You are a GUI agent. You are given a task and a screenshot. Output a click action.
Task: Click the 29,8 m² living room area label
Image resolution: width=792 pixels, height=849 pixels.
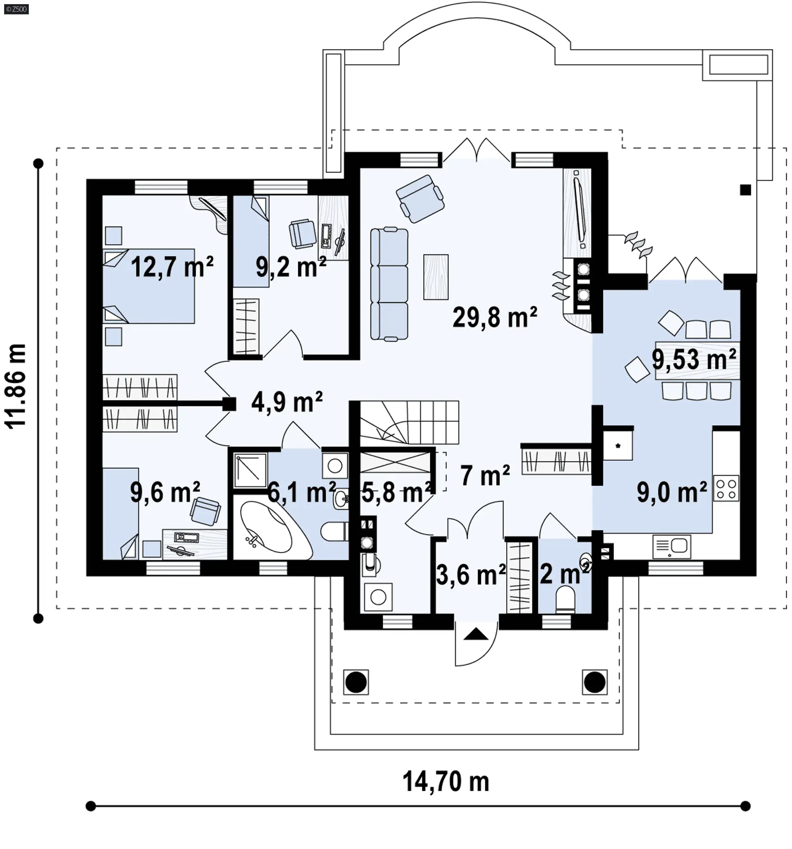pyautogui.click(x=495, y=318)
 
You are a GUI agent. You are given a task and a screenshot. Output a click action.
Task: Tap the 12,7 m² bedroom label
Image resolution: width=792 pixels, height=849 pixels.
pyautogui.click(x=172, y=267)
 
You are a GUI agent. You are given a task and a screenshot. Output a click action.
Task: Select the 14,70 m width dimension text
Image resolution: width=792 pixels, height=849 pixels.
pyautogui.click(x=446, y=781)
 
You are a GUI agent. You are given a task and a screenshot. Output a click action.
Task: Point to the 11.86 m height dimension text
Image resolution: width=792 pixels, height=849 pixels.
pyautogui.click(x=16, y=387)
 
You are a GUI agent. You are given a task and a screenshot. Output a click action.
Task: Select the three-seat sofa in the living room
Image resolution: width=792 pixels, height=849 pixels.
pyautogui.click(x=389, y=284)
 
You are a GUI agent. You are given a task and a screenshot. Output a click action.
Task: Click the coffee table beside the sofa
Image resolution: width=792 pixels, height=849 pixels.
pyautogui.click(x=436, y=277)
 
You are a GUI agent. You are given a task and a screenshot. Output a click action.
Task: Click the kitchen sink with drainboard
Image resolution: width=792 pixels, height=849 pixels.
pyautogui.click(x=672, y=546)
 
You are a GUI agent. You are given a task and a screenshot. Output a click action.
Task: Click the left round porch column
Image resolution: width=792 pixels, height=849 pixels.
pyautogui.click(x=356, y=682)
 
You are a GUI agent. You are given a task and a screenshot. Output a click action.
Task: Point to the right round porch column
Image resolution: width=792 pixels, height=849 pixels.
pyautogui.click(x=594, y=682)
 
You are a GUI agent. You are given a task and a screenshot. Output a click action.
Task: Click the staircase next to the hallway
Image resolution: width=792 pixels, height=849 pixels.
pyautogui.click(x=409, y=422)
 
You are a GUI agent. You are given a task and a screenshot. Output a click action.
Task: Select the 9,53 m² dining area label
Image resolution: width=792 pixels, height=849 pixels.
pyautogui.click(x=693, y=359)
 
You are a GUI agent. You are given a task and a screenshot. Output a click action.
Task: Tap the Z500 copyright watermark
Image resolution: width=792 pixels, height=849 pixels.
pyautogui.click(x=16, y=9)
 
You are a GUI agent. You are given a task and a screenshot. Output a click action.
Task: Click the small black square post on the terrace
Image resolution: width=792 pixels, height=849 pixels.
pyautogui.click(x=745, y=190)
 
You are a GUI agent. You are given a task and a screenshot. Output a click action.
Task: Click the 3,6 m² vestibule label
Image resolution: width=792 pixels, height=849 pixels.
pyautogui.click(x=471, y=574)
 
